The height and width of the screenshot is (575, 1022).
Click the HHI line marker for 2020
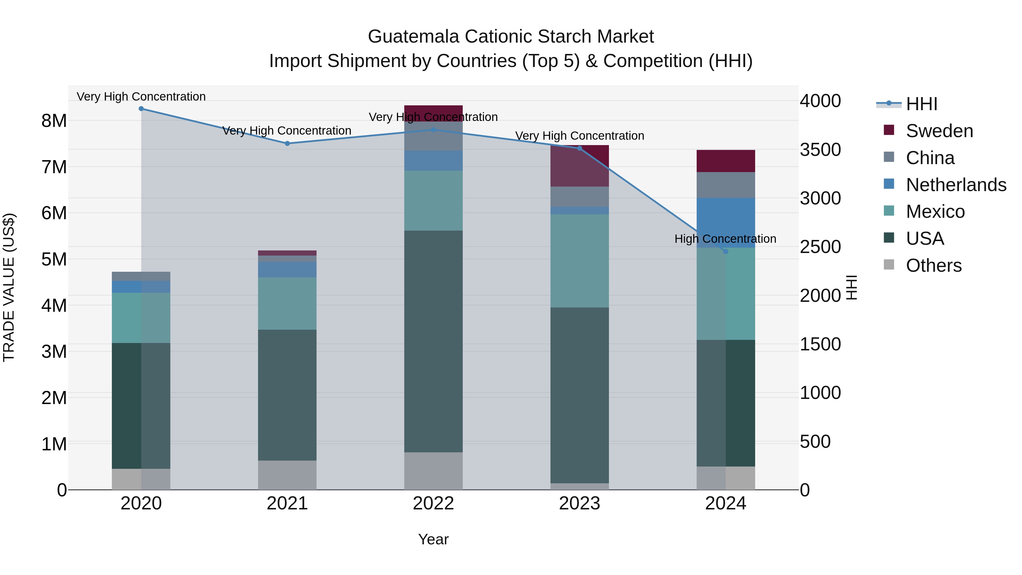[x=141, y=108]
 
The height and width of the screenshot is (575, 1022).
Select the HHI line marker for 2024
[x=726, y=251]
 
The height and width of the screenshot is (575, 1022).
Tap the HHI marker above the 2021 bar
[x=287, y=143]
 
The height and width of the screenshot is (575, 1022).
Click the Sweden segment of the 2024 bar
[x=726, y=161]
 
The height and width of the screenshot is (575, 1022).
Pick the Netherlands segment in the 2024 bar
[x=726, y=223]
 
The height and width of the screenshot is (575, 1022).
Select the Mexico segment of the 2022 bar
[x=433, y=200]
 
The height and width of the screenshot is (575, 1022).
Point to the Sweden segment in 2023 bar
[x=579, y=166]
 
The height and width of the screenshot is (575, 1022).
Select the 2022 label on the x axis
[x=433, y=503]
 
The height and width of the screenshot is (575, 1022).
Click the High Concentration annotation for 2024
[x=725, y=239]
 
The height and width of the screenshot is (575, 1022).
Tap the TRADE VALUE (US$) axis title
[x=9, y=287]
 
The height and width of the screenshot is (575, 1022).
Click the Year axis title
[x=433, y=539]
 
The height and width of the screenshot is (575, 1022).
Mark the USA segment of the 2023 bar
[x=579, y=395]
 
